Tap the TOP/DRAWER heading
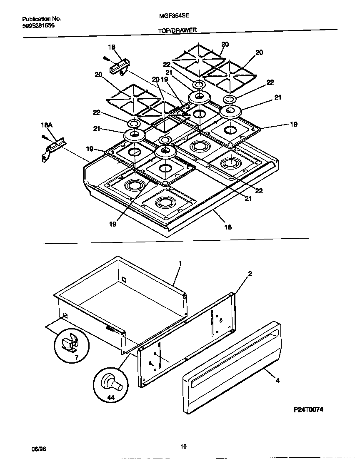[x=177, y=30]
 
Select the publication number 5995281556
[x=38, y=25]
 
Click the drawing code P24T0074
[x=309, y=409]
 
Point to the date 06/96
[x=38, y=449]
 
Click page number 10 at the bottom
[x=183, y=447]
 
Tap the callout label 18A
[x=46, y=125]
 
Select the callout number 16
[x=228, y=227]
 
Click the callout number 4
[x=278, y=380]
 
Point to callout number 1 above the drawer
[x=180, y=263]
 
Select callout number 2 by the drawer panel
[x=250, y=274]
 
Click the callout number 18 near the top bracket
[x=111, y=47]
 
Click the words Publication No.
[x=41, y=19]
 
